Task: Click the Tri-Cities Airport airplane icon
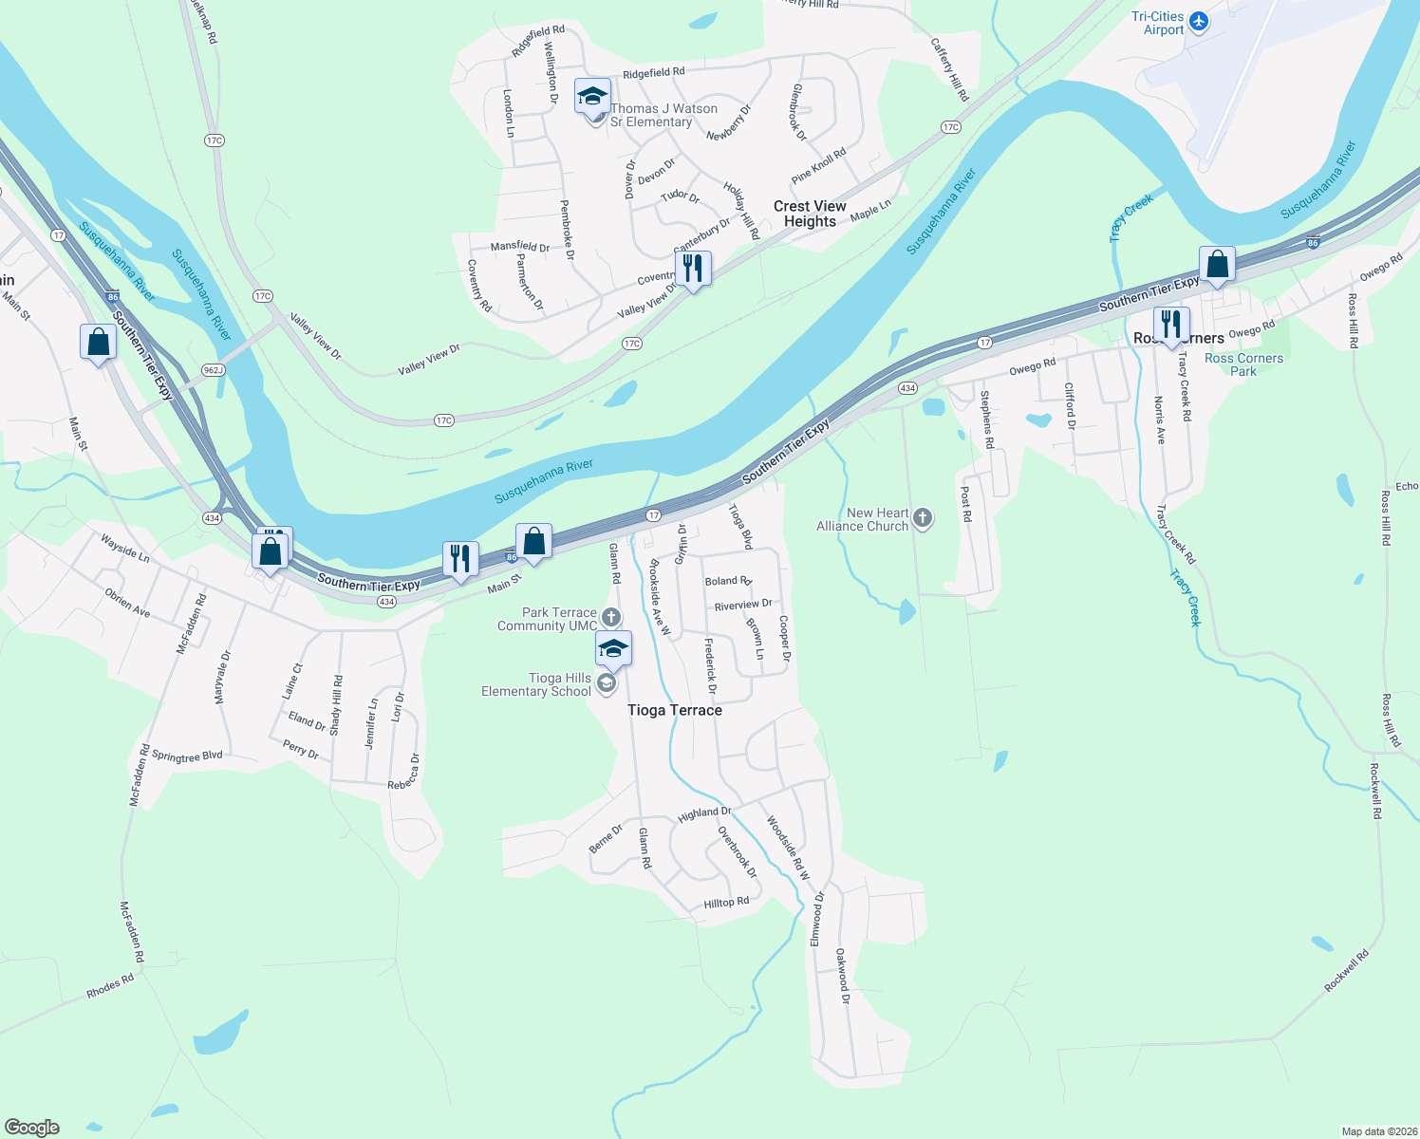coord(1199,21)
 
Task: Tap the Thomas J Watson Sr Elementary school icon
coord(592,96)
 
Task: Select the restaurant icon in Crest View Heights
coord(693,269)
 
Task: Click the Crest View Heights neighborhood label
coord(810,214)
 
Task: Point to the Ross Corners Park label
coord(1243,364)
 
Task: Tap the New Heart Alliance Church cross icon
coord(923,518)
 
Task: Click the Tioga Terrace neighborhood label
coord(675,710)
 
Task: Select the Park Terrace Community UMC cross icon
coord(611,618)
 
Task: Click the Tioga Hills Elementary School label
coord(536,684)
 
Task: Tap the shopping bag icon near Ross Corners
coord(1217,265)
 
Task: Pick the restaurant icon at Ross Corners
coord(1171,324)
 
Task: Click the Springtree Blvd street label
coord(187,756)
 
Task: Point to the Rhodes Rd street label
coord(110,986)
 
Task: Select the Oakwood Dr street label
coord(843,976)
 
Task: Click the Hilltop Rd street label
coord(726,903)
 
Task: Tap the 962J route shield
coord(213,369)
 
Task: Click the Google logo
coord(32,1128)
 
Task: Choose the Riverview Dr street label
coord(743,605)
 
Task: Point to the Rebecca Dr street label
coord(403,772)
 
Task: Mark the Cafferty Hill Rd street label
coord(949,69)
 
